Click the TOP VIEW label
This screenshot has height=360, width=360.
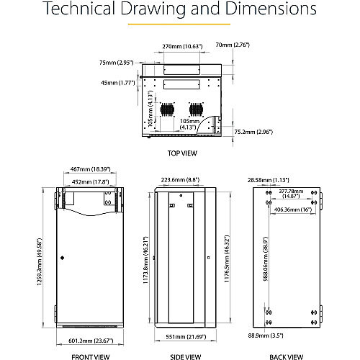[182, 153]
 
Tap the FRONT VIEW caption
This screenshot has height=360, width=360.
[91, 357]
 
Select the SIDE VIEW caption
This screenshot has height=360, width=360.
[186, 357]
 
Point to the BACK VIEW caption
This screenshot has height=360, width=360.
[286, 357]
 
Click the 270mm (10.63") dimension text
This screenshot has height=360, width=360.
[182, 46]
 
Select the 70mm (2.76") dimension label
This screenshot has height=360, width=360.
[233, 45]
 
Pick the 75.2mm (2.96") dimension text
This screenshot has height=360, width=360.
[253, 132]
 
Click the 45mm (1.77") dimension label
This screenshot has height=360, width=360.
[118, 83]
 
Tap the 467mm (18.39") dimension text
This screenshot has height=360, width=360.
[90, 169]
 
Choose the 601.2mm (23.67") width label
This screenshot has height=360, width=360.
[91, 341]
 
